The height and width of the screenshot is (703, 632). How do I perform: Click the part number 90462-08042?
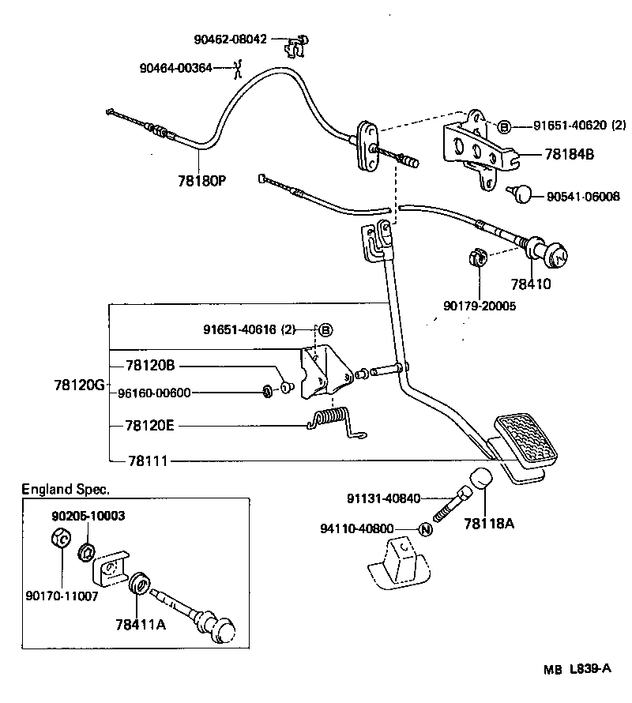(x=231, y=38)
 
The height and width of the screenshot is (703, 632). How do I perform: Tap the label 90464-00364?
(x=175, y=68)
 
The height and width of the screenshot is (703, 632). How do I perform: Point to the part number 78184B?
(x=569, y=154)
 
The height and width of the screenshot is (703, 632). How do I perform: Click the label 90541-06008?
(x=583, y=196)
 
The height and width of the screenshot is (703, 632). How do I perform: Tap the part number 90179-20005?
(x=480, y=306)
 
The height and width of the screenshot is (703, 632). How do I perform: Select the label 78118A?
(x=489, y=522)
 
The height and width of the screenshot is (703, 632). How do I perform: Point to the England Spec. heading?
(x=66, y=489)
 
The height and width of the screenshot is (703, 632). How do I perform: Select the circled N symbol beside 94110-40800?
(x=424, y=529)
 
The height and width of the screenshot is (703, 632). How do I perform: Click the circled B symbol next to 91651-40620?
(x=505, y=126)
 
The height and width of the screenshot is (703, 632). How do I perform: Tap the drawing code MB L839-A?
(x=577, y=669)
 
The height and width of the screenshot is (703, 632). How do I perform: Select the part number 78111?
(x=141, y=461)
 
